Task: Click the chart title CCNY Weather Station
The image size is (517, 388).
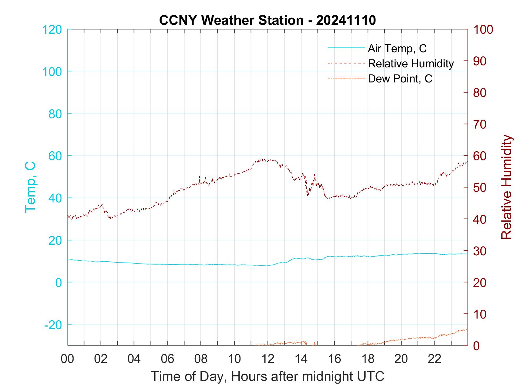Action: (267, 20)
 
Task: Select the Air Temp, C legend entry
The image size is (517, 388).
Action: (397, 48)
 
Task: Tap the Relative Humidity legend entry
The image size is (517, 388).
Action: (410, 64)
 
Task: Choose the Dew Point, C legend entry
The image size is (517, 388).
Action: (400, 79)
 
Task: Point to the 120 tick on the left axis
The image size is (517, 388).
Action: (52, 30)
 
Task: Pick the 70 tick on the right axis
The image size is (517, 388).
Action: (480, 124)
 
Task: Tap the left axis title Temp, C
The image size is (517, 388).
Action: (30, 187)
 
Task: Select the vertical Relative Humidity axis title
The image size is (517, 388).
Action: (506, 187)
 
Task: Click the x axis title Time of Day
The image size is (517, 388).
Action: (268, 376)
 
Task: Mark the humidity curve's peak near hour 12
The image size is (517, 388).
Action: (264, 160)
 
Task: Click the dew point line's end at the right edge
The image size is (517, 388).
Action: (467, 329)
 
